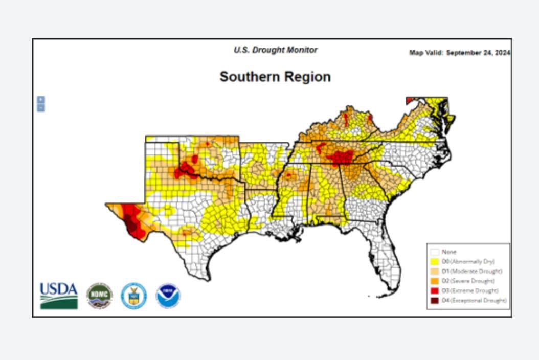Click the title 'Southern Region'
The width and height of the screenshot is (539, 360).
[275, 77]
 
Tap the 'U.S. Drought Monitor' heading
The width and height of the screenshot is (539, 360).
[275, 50]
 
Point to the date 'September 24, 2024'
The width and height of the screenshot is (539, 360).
[478, 53]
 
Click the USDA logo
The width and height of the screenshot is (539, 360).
[59, 296]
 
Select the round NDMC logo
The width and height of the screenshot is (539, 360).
[99, 296]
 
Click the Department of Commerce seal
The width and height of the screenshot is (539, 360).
[134, 296]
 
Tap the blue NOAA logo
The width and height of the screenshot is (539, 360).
[168, 296]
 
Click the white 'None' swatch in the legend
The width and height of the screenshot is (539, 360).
[435, 252]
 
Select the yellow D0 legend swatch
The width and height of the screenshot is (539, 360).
[435, 262]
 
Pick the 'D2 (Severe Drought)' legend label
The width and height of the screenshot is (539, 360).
[468, 281]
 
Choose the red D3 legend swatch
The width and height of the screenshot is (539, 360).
[435, 290]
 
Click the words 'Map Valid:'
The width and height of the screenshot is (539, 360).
[426, 53]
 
